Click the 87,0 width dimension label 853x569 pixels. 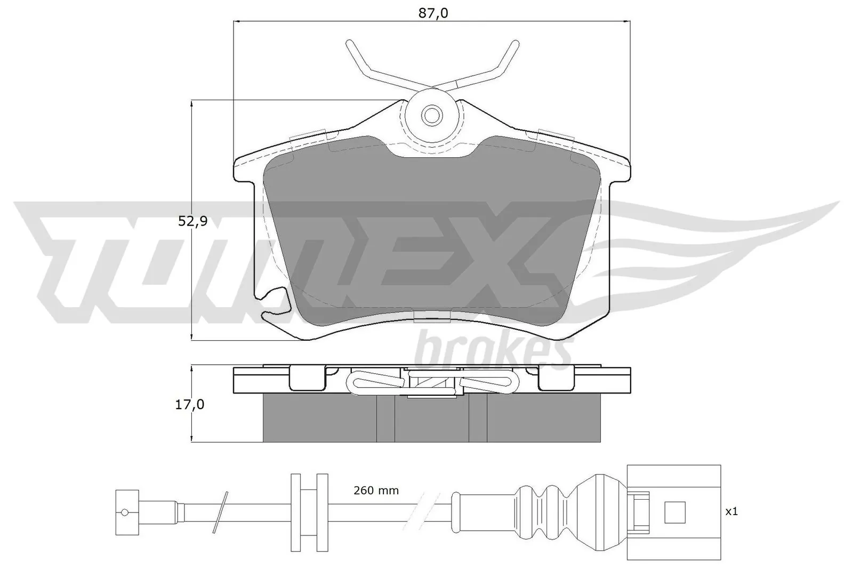[x=432, y=13]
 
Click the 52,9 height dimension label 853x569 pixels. [x=192, y=221]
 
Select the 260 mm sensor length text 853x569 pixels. [x=376, y=490]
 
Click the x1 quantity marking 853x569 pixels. [x=731, y=511]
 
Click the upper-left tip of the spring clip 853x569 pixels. [x=349, y=43]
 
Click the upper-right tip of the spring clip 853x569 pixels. [x=515, y=43]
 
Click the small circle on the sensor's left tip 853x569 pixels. [x=125, y=512]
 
